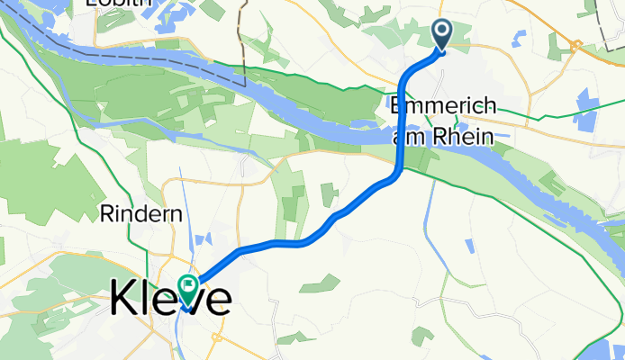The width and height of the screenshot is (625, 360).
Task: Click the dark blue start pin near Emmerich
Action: click(443, 33)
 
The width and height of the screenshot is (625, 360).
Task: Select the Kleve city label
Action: click(170, 300)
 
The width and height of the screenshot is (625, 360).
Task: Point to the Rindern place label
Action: click(142, 215)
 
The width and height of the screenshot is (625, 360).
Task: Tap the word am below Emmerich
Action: click(408, 137)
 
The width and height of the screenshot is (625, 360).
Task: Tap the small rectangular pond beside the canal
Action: click(469, 246)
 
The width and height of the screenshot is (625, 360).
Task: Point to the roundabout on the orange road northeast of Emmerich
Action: click(576, 44)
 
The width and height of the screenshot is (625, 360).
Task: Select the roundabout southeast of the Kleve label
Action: click(217, 337)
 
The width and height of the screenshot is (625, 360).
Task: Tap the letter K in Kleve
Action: click(124, 300)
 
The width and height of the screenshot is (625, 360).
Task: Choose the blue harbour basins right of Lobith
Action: click(185, 12)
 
